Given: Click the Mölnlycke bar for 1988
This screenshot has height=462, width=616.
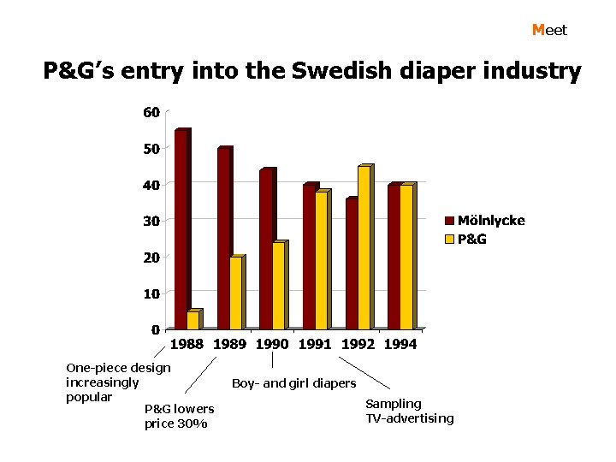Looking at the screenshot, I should [x=181, y=230].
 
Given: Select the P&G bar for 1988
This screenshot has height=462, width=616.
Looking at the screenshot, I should [x=192, y=321].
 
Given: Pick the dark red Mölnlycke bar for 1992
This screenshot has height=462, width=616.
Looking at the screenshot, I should [x=351, y=264].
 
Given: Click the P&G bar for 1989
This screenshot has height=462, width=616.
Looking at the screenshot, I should [x=235, y=293].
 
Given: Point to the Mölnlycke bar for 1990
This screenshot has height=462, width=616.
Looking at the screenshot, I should [x=265, y=250].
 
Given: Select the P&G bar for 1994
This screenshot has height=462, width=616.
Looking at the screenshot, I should [x=406, y=258].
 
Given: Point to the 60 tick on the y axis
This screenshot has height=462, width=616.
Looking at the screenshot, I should [x=151, y=112].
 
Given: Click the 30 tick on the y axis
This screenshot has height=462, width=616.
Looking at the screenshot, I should [x=151, y=221].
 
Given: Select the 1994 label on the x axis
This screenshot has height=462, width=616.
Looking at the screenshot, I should [x=400, y=345].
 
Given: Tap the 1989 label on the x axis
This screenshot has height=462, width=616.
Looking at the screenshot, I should [x=229, y=345].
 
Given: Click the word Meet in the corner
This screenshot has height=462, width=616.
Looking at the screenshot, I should [x=549, y=30].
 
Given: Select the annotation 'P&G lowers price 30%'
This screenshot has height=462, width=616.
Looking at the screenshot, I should [x=179, y=417].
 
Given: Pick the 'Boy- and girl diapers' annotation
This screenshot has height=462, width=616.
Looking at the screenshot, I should [x=293, y=383].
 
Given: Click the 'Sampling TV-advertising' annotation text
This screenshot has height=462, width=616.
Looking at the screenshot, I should [x=409, y=411].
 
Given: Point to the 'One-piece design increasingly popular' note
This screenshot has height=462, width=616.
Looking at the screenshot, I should [x=117, y=382].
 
